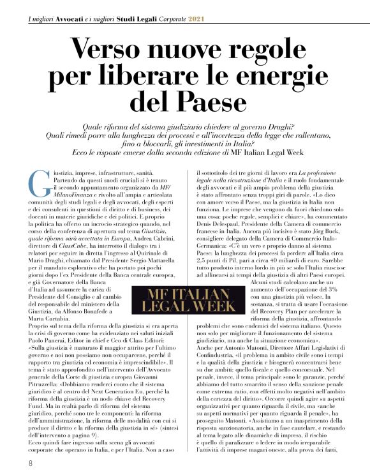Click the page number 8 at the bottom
pyautogui.click(x=31, y=463)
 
